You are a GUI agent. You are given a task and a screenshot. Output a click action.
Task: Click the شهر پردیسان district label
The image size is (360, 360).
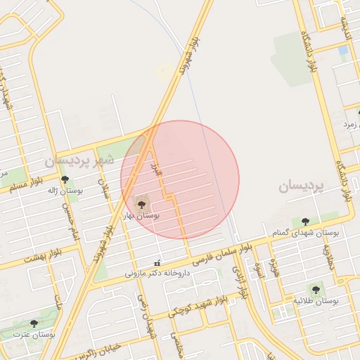[79, 160]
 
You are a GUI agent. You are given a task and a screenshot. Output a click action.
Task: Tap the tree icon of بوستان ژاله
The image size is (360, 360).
[65, 180]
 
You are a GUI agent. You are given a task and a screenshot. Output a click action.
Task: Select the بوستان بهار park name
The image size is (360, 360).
[143, 217]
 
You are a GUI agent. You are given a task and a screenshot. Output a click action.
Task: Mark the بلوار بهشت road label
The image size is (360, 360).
[43, 257]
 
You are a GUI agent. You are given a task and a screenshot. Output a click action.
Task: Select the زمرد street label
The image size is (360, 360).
[349, 124]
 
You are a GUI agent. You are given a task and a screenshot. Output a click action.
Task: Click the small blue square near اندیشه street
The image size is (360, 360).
[342, 50]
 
